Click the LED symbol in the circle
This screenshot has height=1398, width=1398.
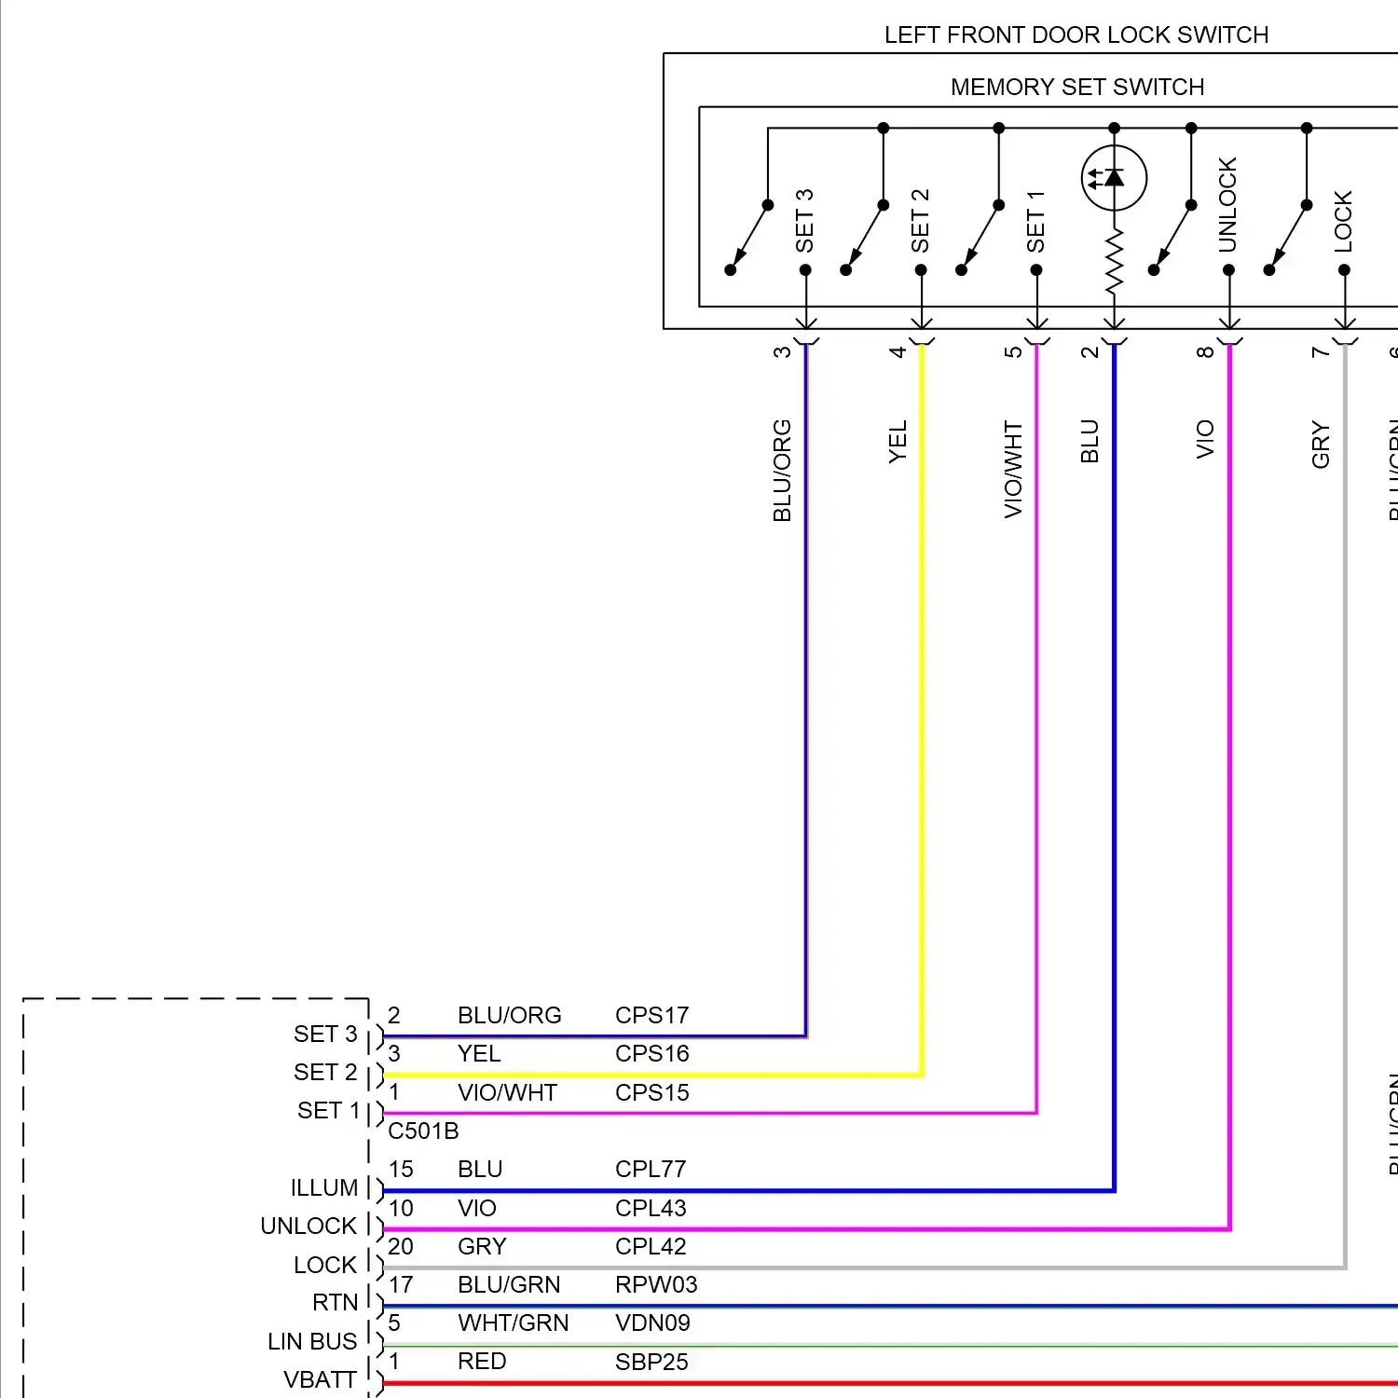[1114, 177]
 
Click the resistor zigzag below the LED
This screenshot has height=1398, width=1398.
[1114, 264]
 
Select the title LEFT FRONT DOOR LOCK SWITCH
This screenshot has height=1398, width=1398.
[1076, 35]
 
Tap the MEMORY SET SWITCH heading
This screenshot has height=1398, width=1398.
[1076, 88]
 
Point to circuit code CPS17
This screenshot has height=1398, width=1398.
[651, 1015]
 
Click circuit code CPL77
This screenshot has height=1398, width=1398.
[651, 1169]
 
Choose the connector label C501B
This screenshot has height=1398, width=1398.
[423, 1131]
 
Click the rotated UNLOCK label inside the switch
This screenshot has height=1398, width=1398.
[1227, 204]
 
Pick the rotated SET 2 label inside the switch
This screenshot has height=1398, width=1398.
[920, 220]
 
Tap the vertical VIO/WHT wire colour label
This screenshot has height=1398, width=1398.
[1013, 469]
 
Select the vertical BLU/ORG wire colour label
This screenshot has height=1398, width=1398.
[782, 471]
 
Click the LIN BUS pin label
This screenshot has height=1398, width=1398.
[312, 1341]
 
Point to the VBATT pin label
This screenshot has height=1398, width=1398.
[320, 1379]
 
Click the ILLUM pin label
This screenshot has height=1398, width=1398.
[324, 1187]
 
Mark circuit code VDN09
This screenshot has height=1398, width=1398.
[652, 1323]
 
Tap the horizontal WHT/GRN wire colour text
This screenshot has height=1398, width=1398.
[513, 1323]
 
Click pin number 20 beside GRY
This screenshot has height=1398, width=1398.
[401, 1246]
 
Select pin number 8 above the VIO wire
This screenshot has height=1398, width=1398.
[1205, 351]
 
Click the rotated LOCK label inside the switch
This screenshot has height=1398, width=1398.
[1343, 221]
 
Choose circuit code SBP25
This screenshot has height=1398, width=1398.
[651, 1362]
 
